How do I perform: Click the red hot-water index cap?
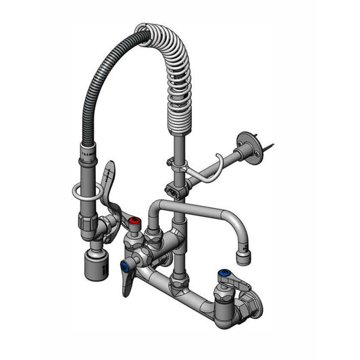pos(136,222)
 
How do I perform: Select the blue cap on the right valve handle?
pos(224,274)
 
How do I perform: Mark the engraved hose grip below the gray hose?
pos(87,159)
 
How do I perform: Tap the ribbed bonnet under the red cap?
pos(135,234)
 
